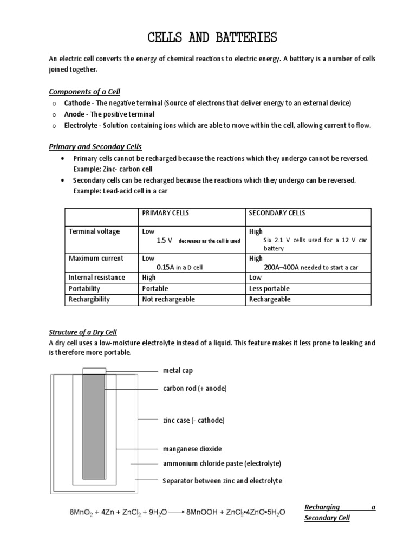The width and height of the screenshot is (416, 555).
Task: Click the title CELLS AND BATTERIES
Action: [x=212, y=37]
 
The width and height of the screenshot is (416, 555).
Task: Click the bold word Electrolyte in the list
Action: [x=81, y=126]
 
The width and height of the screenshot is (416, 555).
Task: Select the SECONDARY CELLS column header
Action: [x=277, y=213]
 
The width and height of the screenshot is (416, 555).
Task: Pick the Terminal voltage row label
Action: [x=94, y=231]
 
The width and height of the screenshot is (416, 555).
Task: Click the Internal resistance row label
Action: [x=96, y=277]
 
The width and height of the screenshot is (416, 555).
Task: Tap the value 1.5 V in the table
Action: [x=164, y=240]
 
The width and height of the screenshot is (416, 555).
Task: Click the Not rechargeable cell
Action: [x=168, y=299]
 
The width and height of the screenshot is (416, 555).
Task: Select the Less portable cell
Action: [x=269, y=288]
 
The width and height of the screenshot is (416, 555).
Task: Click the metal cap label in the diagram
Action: [x=178, y=371]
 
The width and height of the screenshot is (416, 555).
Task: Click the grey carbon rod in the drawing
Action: [x=93, y=423]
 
